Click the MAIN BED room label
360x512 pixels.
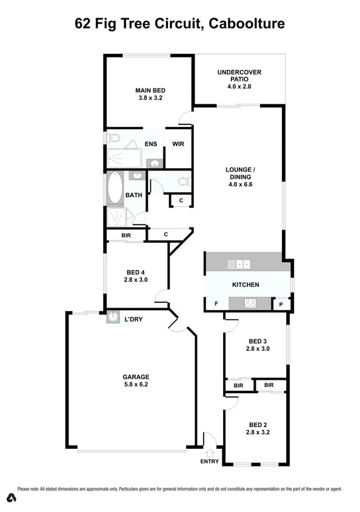pos(149,91)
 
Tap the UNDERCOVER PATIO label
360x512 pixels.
pos(239,72)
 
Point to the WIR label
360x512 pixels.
pos(178,144)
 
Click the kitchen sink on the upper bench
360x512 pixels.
pos(239,264)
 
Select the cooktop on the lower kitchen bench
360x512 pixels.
pos(251,303)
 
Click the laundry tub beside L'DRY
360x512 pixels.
pos(113,317)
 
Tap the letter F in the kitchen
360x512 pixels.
pos(216,303)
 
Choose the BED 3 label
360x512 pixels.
pos(258,340)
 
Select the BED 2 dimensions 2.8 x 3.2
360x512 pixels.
pos(258,433)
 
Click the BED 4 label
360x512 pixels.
pos(136,272)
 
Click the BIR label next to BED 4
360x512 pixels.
pos(127,235)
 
